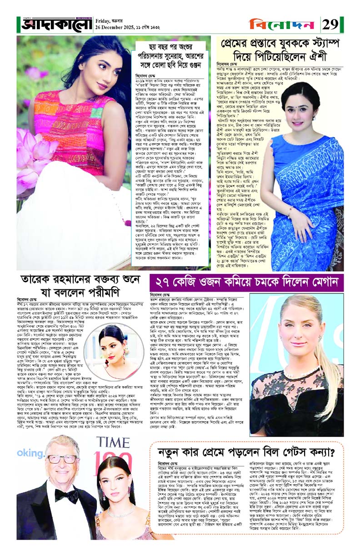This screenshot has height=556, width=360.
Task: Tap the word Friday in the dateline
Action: [105, 20]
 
